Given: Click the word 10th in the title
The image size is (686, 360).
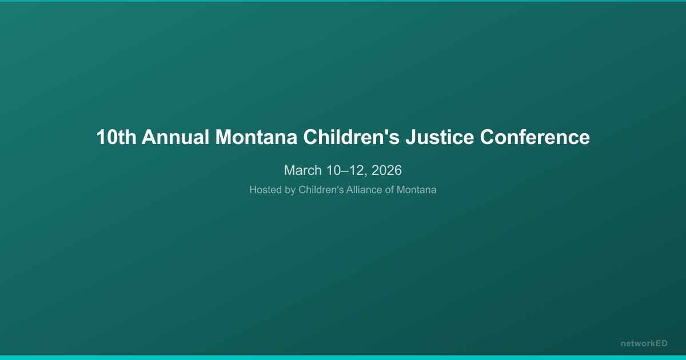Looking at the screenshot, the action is pos(117,137).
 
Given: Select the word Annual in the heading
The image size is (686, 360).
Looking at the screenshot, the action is pos(176,137).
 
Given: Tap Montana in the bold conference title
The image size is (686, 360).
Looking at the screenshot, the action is pos(256,137).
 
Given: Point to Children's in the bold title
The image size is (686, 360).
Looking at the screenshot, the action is pos(352,137).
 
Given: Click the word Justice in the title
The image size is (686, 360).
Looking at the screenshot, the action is pos(440,137).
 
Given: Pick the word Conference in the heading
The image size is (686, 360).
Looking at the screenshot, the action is pos(535,137).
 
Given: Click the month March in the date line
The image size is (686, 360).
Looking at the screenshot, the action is pos(303,170).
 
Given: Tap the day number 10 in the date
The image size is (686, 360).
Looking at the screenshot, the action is pos(333,170).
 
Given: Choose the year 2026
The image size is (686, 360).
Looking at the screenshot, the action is pos(386,170).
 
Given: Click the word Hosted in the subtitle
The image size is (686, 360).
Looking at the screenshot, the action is pos(265,190).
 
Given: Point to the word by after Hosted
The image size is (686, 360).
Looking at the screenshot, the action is pos(290,190).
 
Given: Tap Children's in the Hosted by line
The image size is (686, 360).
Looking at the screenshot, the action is pos(321,190).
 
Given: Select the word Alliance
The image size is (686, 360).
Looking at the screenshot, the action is pos(364,190).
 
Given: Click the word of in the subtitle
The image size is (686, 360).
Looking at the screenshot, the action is pos(389,190).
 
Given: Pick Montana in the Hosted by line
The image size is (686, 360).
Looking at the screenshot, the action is pos(417,190).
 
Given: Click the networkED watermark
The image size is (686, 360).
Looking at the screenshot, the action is pos(644,343).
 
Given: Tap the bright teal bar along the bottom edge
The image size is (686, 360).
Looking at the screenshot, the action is pos(343,358).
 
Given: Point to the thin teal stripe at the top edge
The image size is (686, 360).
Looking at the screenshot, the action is pos(343,1).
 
